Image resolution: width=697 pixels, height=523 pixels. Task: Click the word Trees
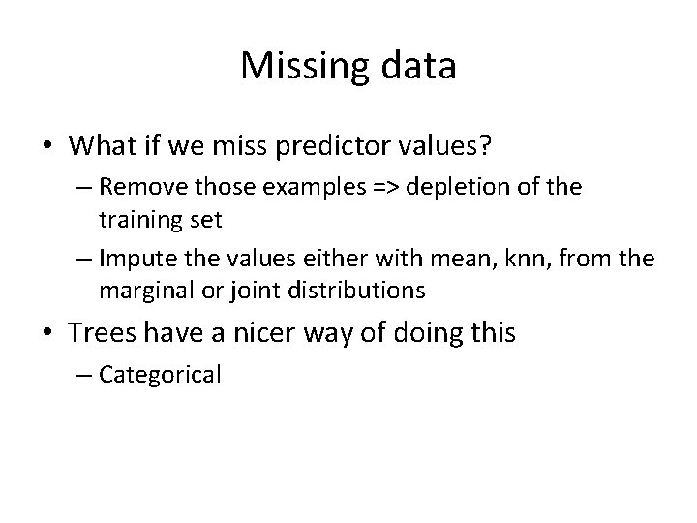(x=102, y=334)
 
